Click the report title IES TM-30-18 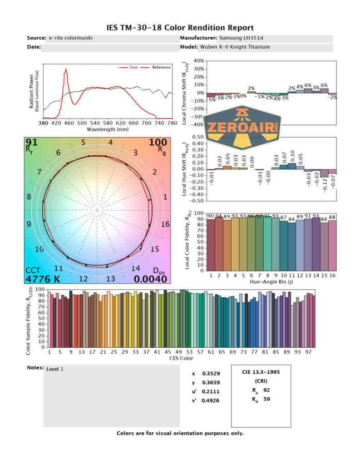pos(180,28)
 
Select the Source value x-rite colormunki pos(70,38)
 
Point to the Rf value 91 pos(31,143)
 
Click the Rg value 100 pos(158,143)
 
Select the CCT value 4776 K pos(43,279)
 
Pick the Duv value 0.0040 pos(152,279)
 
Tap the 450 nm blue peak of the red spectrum pos(66,70)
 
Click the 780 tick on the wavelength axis pos(172,123)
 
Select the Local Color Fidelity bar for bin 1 pos(211,244)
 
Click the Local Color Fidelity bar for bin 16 pos(332,245)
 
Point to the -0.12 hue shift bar pos(324,173)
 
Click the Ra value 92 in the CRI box pos(266,390)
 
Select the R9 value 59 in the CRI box pos(266,400)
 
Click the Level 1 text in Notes pos(55,369)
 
